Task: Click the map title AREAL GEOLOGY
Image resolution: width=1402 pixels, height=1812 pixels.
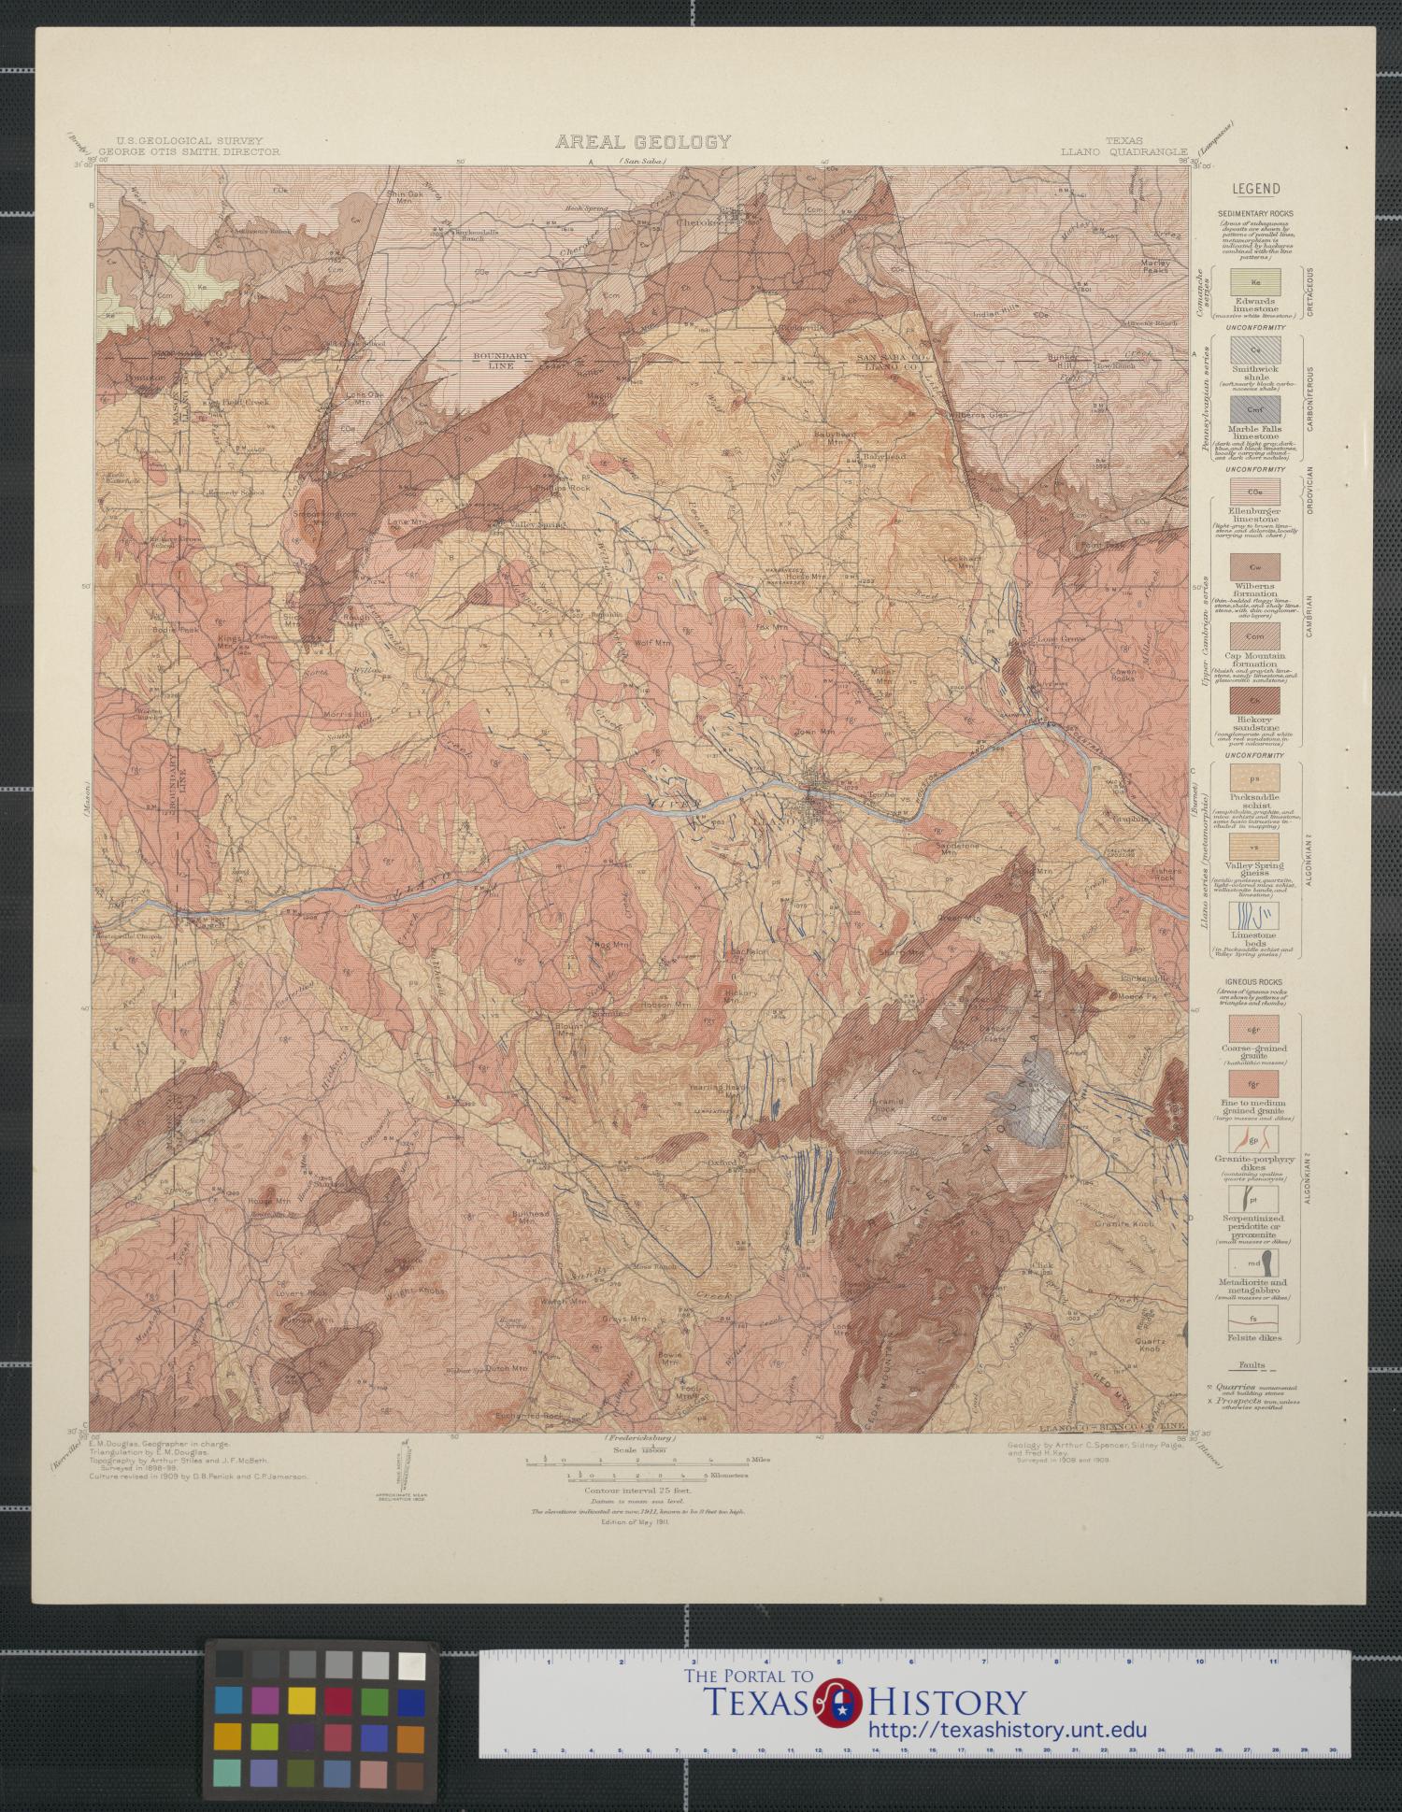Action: pyautogui.click(x=643, y=142)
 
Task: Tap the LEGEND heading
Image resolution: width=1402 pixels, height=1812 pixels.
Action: pyautogui.click(x=1255, y=189)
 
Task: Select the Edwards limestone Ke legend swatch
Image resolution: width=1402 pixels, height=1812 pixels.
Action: pyautogui.click(x=1255, y=280)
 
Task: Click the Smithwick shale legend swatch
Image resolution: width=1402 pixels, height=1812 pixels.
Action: pyautogui.click(x=1255, y=350)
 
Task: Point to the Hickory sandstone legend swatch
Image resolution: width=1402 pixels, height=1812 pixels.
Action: pyautogui.click(x=1255, y=701)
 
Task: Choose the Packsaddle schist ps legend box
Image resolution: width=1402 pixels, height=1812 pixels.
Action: pyautogui.click(x=1255, y=778)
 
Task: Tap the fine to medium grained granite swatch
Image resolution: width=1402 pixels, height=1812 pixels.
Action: pyautogui.click(x=1255, y=1084)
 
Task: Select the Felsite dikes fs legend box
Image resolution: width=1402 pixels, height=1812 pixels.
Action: pyautogui.click(x=1255, y=1318)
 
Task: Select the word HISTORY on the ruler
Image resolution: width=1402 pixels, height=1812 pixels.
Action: pyautogui.click(x=948, y=1702)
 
